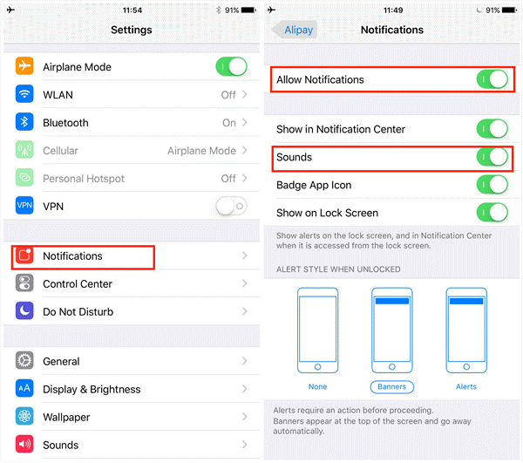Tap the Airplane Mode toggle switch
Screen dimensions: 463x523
click(x=231, y=67)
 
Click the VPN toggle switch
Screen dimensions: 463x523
click(x=231, y=207)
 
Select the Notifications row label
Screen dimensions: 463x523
click(x=72, y=256)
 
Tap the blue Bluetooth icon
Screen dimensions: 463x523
click(x=25, y=123)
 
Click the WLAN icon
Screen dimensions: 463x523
click(x=25, y=95)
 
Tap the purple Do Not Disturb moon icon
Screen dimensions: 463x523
click(x=25, y=312)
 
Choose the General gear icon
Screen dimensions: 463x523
click(x=25, y=362)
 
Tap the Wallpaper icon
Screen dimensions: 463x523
click(x=25, y=418)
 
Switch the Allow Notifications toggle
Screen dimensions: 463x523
click(x=492, y=80)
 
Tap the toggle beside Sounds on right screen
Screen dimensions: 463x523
click(x=492, y=158)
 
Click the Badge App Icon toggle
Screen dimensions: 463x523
click(x=492, y=185)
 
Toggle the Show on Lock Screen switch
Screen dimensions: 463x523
click(x=492, y=213)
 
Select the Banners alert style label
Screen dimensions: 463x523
click(x=391, y=386)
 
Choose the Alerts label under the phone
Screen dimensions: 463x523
click(x=465, y=386)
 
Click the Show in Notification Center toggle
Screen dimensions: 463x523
click(x=492, y=130)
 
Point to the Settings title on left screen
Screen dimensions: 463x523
click(x=131, y=31)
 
